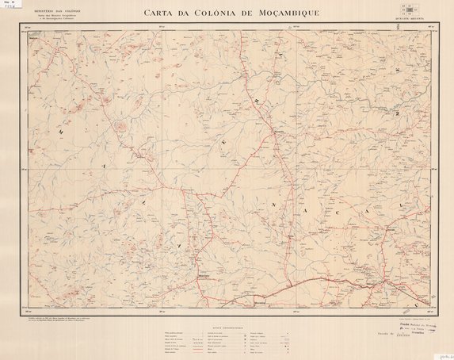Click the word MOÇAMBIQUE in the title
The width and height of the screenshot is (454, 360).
tap(292, 13)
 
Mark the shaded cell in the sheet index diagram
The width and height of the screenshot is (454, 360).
tap(409, 13)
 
